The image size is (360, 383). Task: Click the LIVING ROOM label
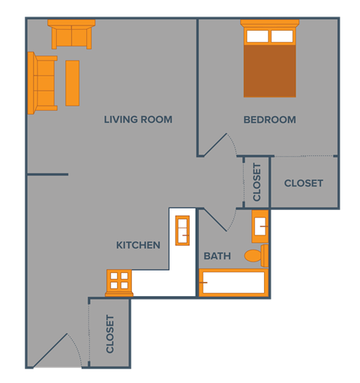pyautogui.click(x=138, y=119)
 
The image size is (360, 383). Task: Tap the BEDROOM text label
pyautogui.click(x=269, y=119)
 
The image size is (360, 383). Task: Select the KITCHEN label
pyautogui.click(x=138, y=245)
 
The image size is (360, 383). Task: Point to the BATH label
pyautogui.click(x=217, y=256)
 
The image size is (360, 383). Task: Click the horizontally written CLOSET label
pyautogui.click(x=304, y=183)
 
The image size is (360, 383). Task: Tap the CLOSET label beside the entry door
pyautogui.click(x=110, y=334)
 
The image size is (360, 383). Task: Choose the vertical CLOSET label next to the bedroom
pyautogui.click(x=256, y=182)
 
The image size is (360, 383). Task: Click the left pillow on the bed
pyautogui.click(x=257, y=36)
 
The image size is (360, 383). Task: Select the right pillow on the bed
pyautogui.click(x=282, y=36)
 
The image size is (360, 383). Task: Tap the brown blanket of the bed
pyautogui.click(x=269, y=72)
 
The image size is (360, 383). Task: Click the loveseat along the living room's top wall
pyautogui.click(x=71, y=34)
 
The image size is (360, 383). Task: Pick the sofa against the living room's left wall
pyautogui.click(x=43, y=82)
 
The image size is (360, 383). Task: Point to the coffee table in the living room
pyautogui.click(x=72, y=82)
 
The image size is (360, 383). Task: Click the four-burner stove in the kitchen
pyautogui.click(x=119, y=281)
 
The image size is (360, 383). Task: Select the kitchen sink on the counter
pyautogui.click(x=183, y=229)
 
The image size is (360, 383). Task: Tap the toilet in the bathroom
pyautogui.click(x=256, y=256)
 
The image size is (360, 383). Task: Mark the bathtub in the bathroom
pyautogui.click(x=232, y=283)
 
